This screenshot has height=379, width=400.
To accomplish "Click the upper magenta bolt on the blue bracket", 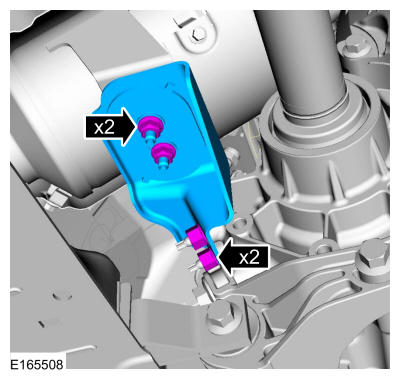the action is pos(151,127).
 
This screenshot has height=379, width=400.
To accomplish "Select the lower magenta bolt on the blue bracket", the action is pos(163,154).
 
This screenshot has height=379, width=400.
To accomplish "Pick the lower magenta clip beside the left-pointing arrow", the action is pos(208,261).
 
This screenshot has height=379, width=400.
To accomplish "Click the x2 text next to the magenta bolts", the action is pos(104,127).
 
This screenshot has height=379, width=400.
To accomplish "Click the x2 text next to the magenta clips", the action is pos(249,257).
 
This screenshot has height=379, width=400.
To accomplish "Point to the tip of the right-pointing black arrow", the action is pos(137,127).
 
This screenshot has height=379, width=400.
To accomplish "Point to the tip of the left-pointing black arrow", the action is pos(217,257).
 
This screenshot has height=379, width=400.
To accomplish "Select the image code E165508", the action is pos(37,364).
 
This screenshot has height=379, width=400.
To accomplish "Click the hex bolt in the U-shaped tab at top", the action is pos(199,33).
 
